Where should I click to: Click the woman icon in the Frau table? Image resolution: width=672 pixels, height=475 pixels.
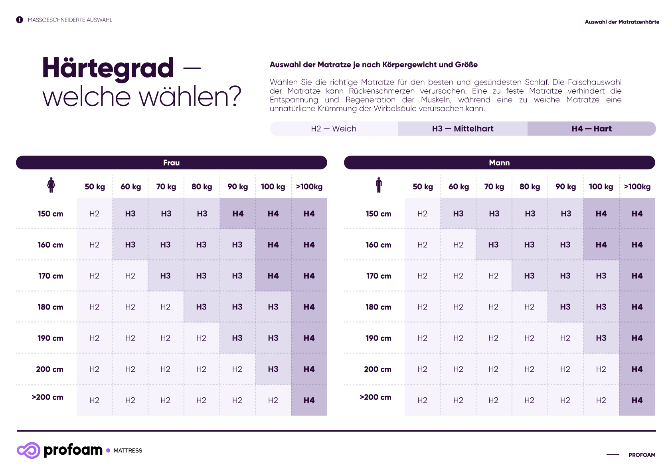tap(51, 185)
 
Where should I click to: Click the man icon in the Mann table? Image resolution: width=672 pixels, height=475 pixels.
tap(379, 185)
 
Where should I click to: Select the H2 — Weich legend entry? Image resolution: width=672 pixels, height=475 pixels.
tap(334, 129)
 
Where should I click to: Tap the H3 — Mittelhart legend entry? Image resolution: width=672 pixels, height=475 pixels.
tap(462, 129)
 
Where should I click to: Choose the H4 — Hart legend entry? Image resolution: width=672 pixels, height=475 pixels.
tap(591, 129)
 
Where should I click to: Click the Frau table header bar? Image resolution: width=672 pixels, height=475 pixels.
tap(172, 163)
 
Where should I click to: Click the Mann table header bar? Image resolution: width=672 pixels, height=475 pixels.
tap(499, 163)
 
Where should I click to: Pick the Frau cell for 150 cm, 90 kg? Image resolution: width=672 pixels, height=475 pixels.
tap(238, 214)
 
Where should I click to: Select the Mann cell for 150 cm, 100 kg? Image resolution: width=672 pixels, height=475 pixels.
tap(601, 214)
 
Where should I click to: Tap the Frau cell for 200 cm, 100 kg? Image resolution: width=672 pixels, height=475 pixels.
tap(273, 369)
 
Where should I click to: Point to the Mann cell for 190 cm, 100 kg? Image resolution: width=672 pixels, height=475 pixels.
tap(601, 338)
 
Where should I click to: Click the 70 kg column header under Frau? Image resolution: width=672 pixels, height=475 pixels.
tap(166, 187)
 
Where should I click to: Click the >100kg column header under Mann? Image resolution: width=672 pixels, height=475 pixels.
tap(637, 187)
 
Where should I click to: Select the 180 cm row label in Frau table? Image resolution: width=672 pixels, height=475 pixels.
tap(50, 307)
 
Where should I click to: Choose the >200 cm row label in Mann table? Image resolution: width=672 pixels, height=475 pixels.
tap(376, 397)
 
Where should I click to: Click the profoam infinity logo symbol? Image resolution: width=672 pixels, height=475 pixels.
tap(28, 450)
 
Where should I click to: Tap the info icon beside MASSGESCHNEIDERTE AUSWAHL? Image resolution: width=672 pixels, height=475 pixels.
tap(20, 20)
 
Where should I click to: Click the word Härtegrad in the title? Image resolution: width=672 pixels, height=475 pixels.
tap(108, 68)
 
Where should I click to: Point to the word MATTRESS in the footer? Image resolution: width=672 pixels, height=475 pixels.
tap(128, 451)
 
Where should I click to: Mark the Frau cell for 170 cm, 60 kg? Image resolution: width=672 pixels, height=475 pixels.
tap(130, 276)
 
